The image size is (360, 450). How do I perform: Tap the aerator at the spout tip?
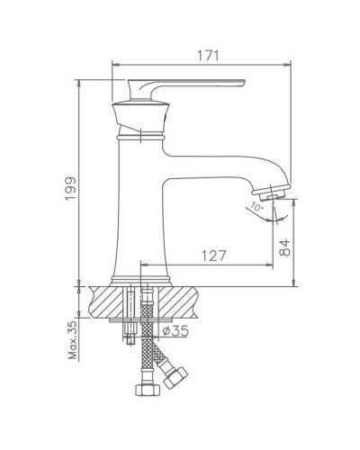click(272, 193)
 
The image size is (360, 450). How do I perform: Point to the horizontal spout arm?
click(225, 162)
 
